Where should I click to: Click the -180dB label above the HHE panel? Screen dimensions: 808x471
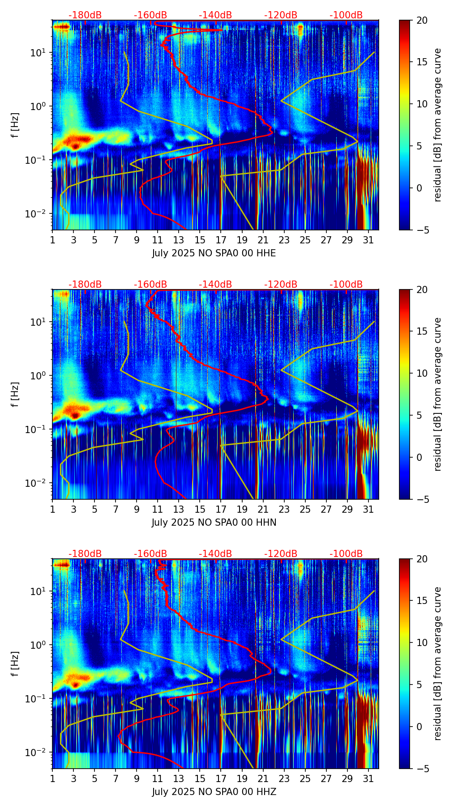pos(85,15)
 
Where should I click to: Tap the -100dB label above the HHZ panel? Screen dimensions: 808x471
pos(346,554)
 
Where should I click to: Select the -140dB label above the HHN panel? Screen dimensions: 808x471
pos(215,285)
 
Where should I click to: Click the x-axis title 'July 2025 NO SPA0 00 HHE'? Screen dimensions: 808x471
pos(214,253)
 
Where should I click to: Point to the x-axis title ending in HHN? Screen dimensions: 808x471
pos(214,523)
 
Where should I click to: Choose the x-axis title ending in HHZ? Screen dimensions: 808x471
pos(214,792)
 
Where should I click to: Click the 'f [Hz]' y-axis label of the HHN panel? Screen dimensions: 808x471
pos(15,394)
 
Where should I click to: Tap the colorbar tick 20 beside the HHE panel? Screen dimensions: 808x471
pos(422,20)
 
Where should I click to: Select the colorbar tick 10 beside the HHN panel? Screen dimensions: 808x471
pos(422,373)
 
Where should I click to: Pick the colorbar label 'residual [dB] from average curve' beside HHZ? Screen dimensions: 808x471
pos(437,663)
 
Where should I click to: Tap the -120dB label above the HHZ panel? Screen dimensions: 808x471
pos(281,554)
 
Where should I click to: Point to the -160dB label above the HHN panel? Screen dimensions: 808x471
pos(150,285)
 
